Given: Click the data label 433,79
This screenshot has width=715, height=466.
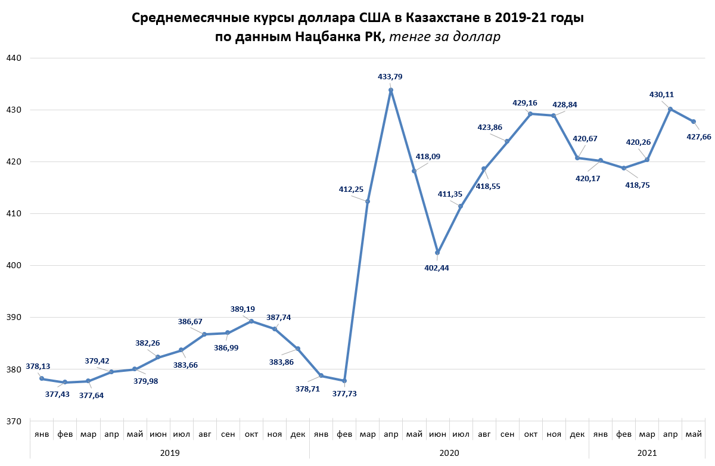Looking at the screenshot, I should (x=390, y=76).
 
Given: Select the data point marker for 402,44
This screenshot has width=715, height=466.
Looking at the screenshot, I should (x=437, y=253).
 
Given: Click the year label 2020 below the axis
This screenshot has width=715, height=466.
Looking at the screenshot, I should (x=449, y=453).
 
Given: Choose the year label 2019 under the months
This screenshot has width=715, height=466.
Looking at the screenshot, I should (x=170, y=453).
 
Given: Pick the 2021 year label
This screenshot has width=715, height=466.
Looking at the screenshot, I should (x=647, y=453).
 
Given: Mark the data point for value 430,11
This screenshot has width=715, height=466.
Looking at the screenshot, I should (x=670, y=109).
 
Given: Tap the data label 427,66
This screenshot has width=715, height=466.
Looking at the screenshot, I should (x=699, y=136).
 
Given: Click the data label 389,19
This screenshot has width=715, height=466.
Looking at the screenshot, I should (x=243, y=309).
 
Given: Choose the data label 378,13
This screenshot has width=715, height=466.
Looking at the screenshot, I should (x=38, y=366).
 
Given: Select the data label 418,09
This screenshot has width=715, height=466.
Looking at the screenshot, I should (x=428, y=157).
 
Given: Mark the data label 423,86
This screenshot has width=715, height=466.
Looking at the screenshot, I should (x=490, y=126).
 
